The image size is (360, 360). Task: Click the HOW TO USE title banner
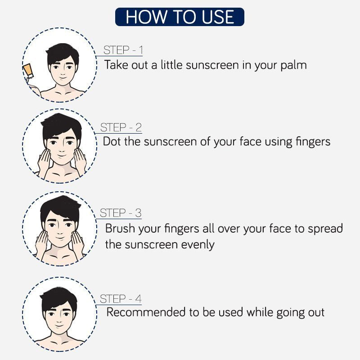(x=180, y=17)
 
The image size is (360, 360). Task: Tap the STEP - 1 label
(x=123, y=50)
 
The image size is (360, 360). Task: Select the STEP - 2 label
(x=121, y=127)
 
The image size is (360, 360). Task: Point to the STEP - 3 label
(x=121, y=213)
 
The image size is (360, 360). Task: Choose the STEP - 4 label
(x=121, y=299)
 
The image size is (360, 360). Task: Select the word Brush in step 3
(x=120, y=228)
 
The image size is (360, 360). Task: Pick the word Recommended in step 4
(x=146, y=312)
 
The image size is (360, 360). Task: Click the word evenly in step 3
(x=198, y=245)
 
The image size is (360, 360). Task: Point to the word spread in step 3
(x=325, y=229)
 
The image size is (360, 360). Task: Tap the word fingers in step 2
(x=313, y=142)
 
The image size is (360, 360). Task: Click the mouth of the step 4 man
(x=59, y=326)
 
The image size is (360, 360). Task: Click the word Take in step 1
(x=116, y=65)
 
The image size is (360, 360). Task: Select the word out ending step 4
(x=316, y=313)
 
